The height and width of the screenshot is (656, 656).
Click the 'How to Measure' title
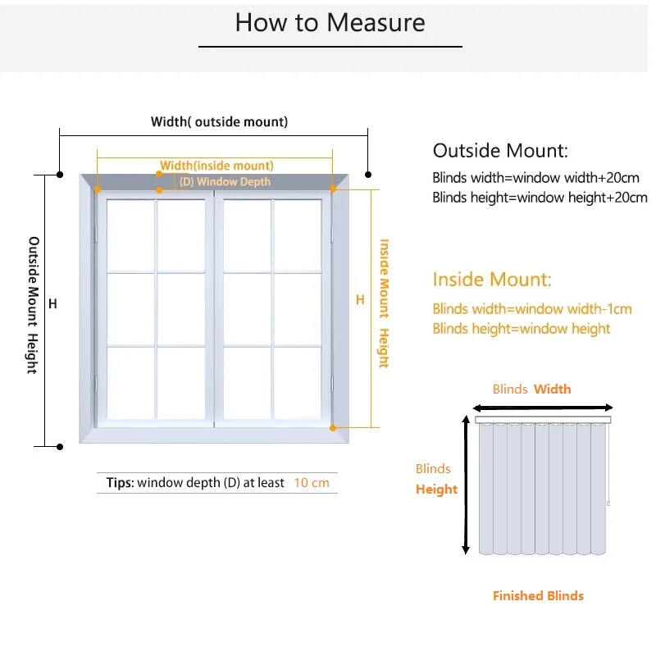click(330, 22)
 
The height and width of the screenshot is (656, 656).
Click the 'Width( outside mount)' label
click(219, 122)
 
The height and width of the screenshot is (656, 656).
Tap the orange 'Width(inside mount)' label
click(216, 166)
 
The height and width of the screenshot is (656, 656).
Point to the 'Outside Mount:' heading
click(500, 151)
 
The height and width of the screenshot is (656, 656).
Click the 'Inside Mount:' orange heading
click(492, 280)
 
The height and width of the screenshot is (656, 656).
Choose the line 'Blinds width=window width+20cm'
click(536, 177)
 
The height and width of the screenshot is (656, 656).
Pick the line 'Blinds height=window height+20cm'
click(540, 197)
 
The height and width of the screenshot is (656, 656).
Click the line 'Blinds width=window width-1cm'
click(532, 309)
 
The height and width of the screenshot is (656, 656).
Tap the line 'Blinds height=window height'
click(522, 329)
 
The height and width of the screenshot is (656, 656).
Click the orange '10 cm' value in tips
click(312, 483)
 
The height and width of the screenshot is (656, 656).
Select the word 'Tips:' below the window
click(120, 483)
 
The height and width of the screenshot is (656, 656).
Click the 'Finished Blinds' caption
click(538, 596)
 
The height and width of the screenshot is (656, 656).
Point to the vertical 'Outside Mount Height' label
click(34, 305)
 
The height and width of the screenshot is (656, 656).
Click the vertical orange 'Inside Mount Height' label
click(383, 303)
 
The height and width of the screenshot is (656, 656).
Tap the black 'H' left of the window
click(52, 304)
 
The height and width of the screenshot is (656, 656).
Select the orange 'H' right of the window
click(359, 300)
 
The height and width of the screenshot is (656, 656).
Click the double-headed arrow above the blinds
click(543, 408)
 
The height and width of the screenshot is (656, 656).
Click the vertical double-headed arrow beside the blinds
click(466, 484)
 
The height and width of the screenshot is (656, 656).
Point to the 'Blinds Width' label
click(531, 389)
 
